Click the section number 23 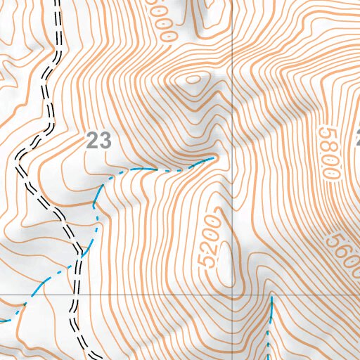(x=98, y=141)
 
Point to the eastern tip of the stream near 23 (x=213, y=159)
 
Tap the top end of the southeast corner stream (x=271, y=297)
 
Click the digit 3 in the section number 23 (x=105, y=141)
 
